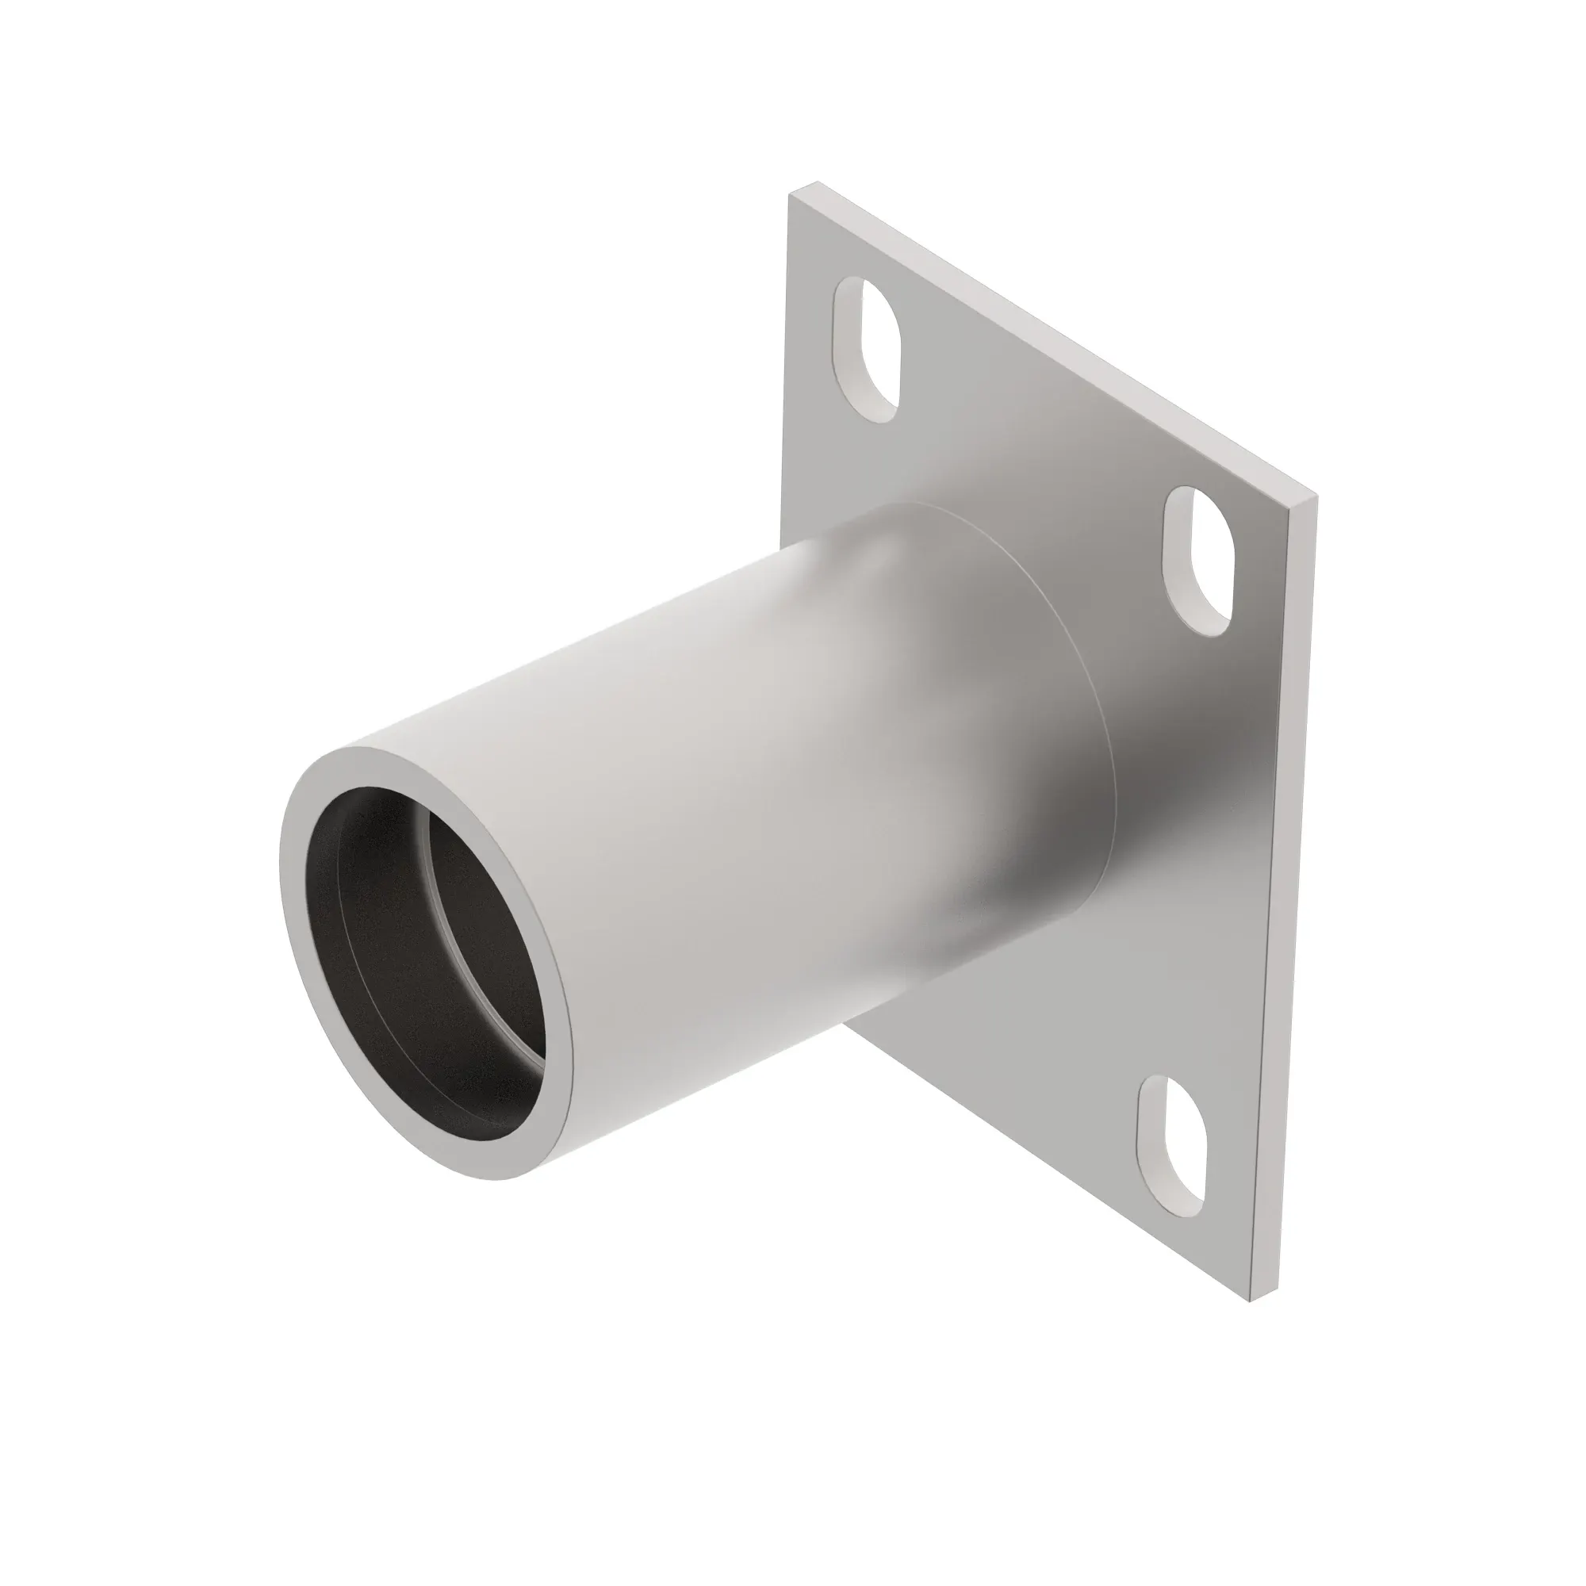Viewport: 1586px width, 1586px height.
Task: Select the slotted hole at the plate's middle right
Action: (x=1197, y=561)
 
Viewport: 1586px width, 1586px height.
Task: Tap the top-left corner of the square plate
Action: (x=791, y=193)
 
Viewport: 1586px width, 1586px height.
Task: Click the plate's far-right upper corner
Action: (x=1316, y=497)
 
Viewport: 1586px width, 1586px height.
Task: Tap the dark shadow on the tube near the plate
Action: (x=1059, y=821)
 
